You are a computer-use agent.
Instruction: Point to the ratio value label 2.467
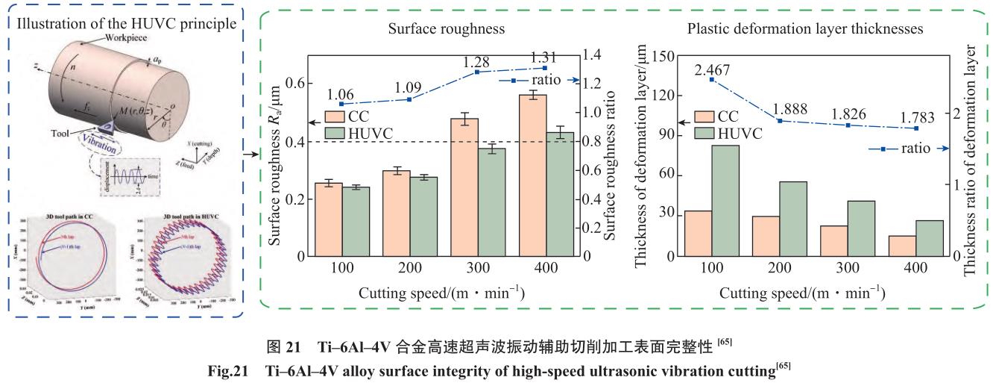coord(713,69)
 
